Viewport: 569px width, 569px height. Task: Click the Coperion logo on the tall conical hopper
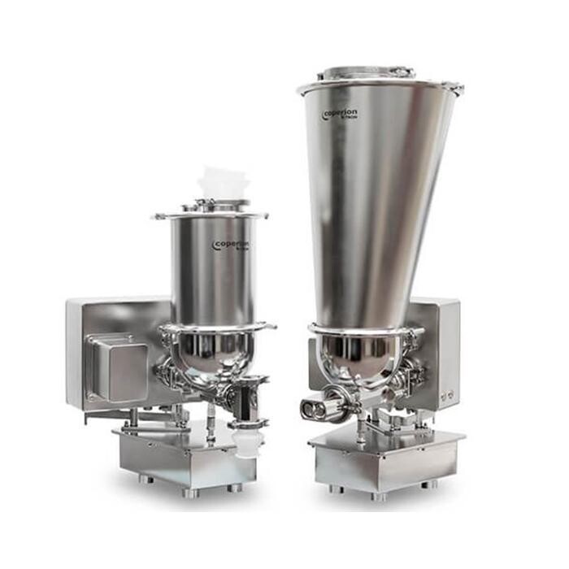click(341, 115)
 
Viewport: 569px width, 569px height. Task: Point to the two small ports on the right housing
click(445, 397)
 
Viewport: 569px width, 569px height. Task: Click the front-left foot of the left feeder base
click(146, 479)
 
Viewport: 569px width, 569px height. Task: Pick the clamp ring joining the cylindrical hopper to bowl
click(216, 328)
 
